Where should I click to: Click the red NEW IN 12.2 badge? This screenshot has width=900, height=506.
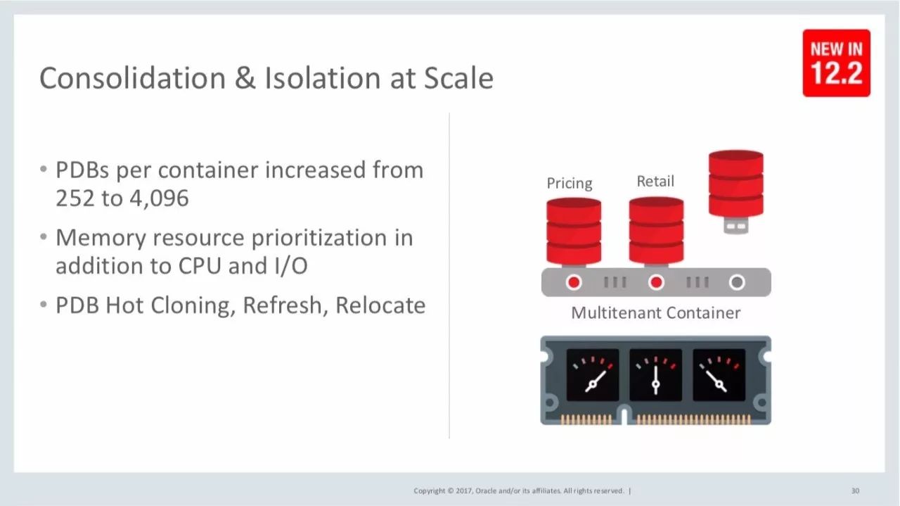[837, 63]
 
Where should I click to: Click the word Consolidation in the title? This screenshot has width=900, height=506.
[133, 78]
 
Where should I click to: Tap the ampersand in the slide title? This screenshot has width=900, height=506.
[245, 78]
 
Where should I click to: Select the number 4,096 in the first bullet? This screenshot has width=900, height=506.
[159, 198]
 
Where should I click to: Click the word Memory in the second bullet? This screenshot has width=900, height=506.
[101, 239]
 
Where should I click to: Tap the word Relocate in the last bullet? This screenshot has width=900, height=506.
[380, 305]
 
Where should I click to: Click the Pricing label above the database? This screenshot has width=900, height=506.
[570, 184]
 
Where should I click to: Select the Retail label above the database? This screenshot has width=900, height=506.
[655, 181]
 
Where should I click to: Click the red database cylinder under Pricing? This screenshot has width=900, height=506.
[574, 232]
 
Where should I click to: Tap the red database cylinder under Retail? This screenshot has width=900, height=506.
[656, 232]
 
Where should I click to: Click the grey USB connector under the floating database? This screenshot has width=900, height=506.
[735, 225]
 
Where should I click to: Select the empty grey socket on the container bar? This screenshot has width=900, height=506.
[737, 282]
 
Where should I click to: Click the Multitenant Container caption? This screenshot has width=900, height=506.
[656, 313]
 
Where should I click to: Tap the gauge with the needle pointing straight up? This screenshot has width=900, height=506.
[656, 375]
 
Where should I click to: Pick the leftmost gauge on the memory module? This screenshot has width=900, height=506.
[593, 375]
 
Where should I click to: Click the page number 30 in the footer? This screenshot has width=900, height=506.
[856, 491]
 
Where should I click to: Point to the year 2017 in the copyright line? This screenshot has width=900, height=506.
[465, 491]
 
